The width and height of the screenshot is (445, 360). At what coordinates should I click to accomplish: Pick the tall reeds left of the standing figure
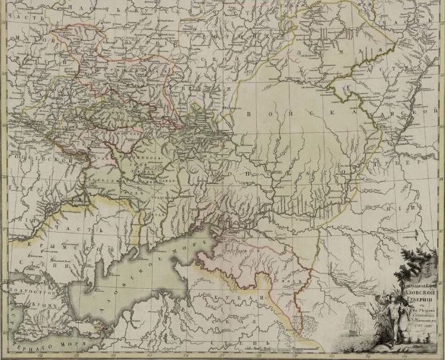[399, 327]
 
